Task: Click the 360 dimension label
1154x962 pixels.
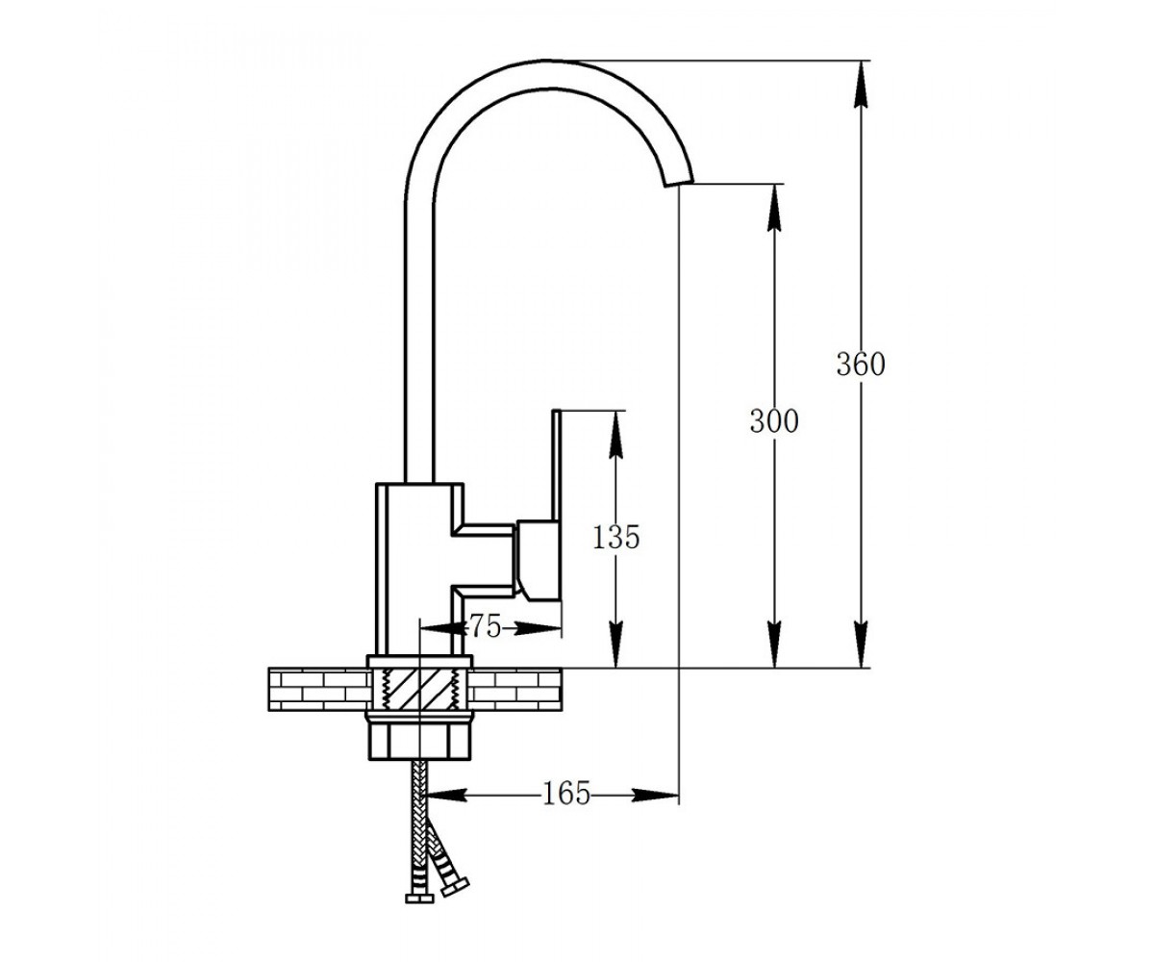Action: coord(861,365)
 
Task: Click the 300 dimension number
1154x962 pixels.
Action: coord(774,421)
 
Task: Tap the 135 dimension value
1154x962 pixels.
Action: coord(615,537)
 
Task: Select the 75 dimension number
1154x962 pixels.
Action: coord(485,627)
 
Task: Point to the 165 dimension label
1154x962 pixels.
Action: coord(566,795)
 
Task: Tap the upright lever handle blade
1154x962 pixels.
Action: coord(557,465)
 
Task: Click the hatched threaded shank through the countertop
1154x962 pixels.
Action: coord(420,689)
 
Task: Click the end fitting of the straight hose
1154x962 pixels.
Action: coord(419,899)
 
